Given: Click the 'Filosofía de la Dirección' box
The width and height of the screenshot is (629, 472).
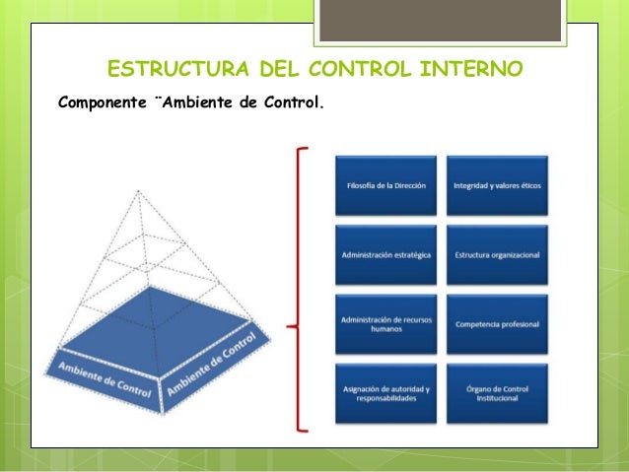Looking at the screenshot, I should coord(386,185).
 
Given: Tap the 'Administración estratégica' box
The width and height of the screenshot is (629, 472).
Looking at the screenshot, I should coord(386,255).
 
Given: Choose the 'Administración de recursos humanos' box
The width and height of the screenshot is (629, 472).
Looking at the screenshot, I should coord(386,325).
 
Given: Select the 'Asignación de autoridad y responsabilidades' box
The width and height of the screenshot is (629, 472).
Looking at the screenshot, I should coord(386,395).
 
